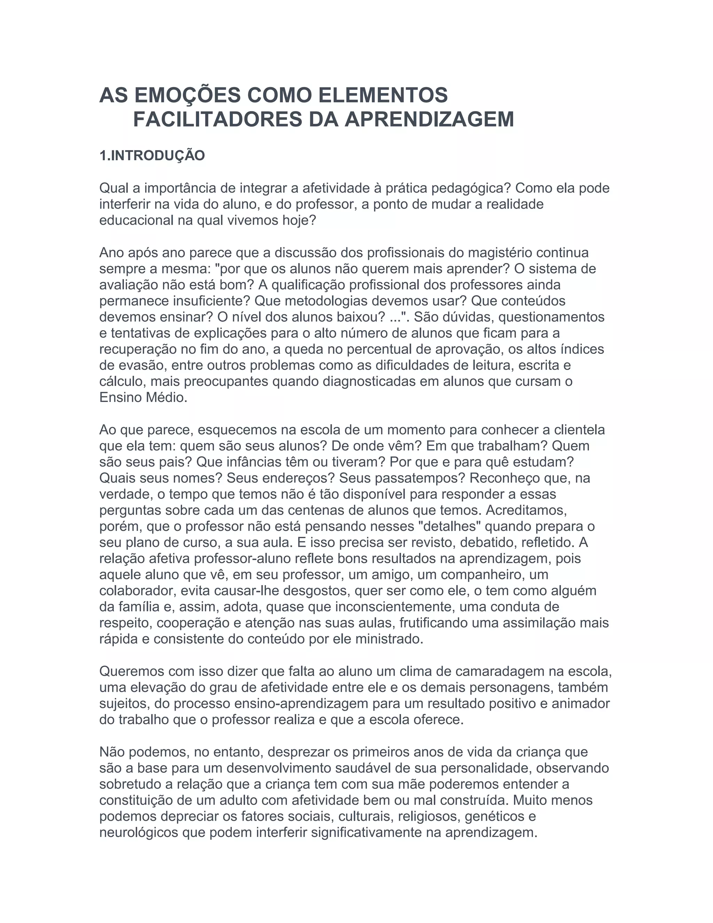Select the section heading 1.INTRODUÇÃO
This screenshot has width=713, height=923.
click(x=152, y=156)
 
